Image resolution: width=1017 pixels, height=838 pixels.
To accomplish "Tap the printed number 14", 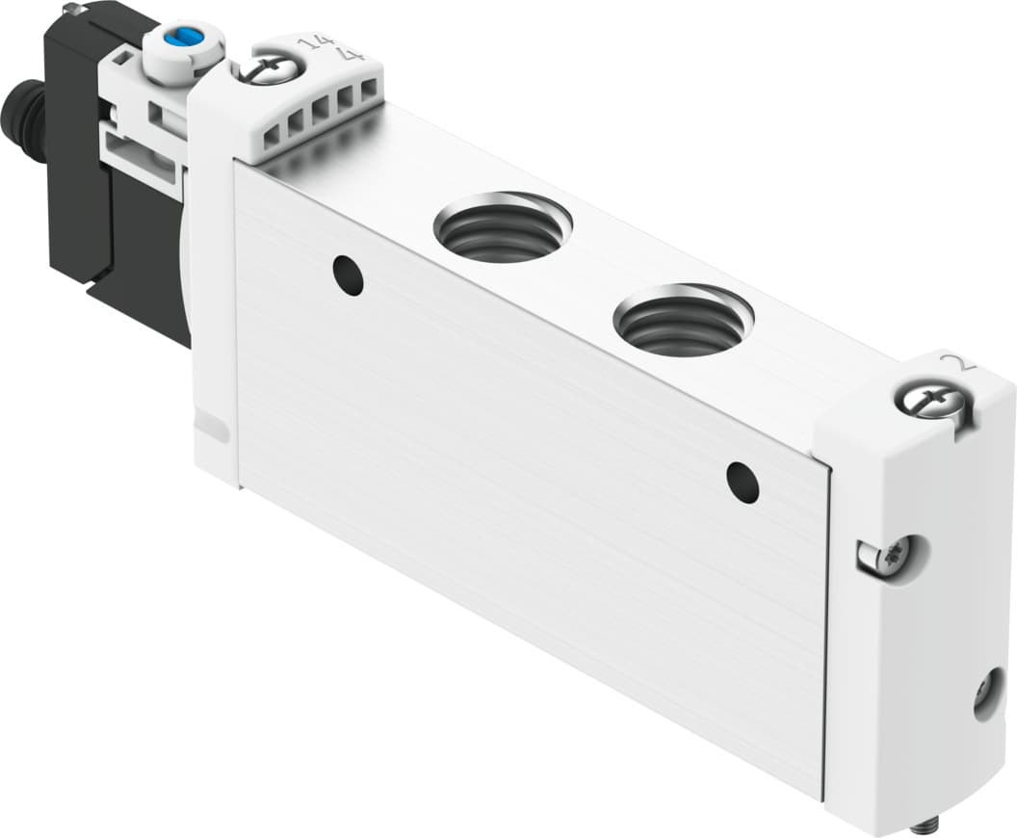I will [311, 44].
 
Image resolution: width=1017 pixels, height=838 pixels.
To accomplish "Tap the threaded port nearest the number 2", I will [684, 319].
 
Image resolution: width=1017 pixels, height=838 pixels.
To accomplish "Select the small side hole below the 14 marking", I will [348, 275].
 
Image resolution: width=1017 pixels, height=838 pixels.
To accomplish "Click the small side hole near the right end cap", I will [743, 482].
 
